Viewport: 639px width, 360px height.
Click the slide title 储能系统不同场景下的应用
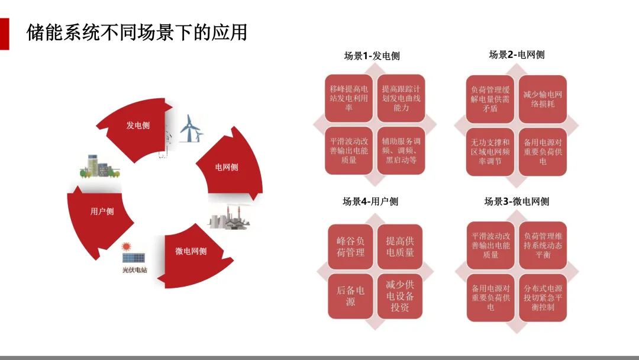pyautogui.click(x=137, y=33)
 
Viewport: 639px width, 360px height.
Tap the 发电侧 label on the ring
pyautogui.click(x=138, y=126)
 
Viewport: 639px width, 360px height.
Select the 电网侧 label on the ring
pyautogui.click(x=227, y=167)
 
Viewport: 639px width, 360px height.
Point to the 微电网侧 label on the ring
pyautogui.click(x=191, y=251)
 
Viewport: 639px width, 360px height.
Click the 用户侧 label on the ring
pyautogui.click(x=102, y=211)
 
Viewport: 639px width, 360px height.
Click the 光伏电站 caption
pyautogui.click(x=134, y=270)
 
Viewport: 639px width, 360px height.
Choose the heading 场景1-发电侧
pyautogui.click(x=372, y=56)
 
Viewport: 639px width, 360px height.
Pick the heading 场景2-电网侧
pyautogui.click(x=517, y=55)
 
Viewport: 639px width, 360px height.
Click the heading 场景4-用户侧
pyautogui.click(x=370, y=201)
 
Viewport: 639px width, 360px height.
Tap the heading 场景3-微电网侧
pyautogui.click(x=517, y=201)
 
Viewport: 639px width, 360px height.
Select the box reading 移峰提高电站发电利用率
pyautogui.click(x=349, y=98)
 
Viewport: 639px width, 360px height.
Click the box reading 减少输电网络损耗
pyautogui.click(x=543, y=99)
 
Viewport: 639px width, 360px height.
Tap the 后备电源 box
pyautogui.click(x=350, y=296)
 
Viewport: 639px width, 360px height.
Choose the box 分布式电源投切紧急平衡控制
pyautogui.click(x=543, y=298)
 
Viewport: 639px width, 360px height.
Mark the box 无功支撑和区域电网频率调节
pyautogui.click(x=490, y=152)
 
